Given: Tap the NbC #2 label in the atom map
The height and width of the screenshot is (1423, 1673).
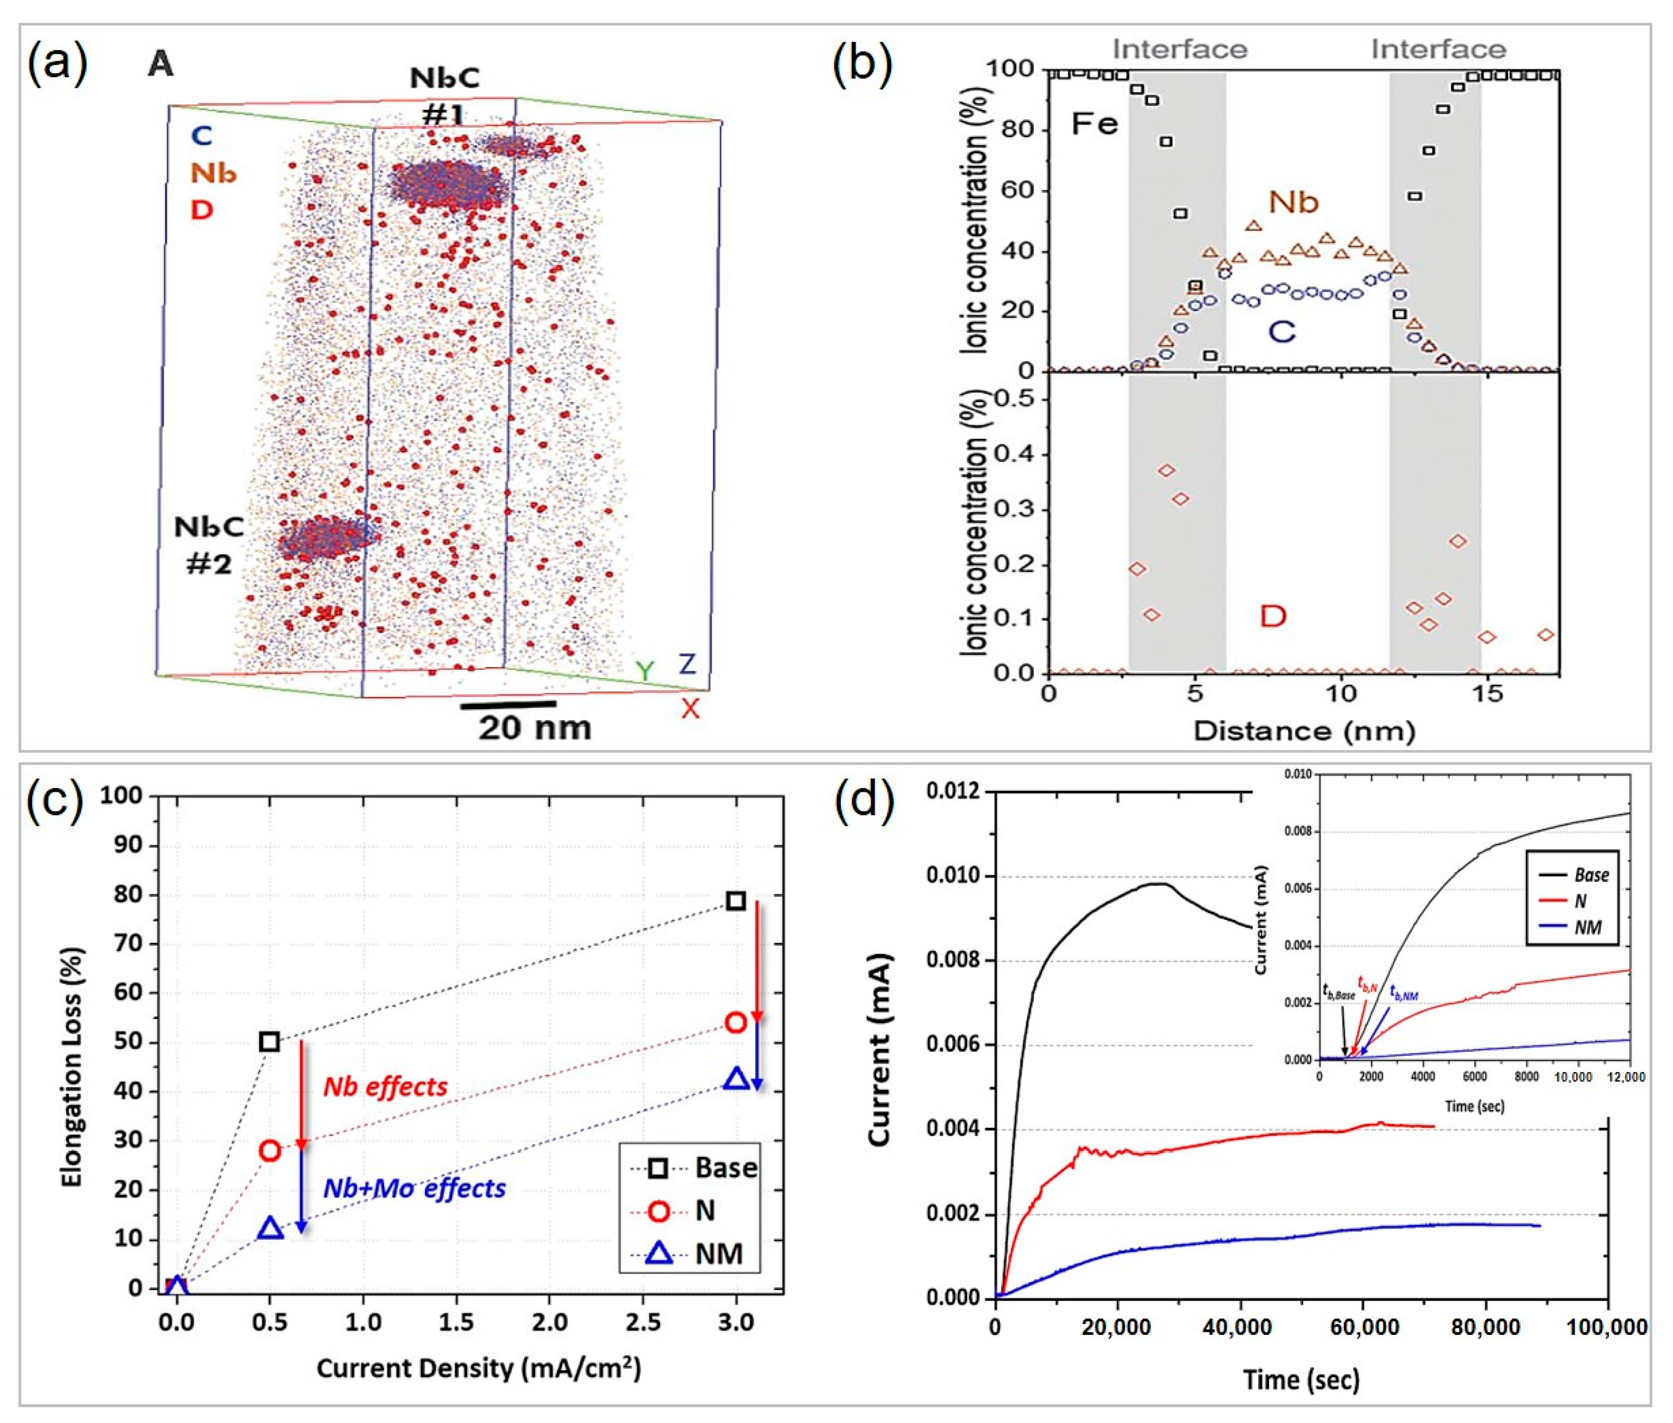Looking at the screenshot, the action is [x=209, y=544].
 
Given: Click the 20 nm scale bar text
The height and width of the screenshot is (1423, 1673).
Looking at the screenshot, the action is [x=535, y=728].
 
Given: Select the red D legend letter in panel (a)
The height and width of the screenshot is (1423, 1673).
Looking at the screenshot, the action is [x=202, y=210].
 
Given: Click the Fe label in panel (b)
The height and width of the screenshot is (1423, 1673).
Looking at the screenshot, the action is [x=1095, y=124].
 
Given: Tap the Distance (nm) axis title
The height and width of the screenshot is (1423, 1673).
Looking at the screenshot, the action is [x=1304, y=731].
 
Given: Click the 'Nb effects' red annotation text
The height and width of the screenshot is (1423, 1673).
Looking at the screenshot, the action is [x=386, y=1087].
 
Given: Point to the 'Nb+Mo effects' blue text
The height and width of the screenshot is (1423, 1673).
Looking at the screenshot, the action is [x=414, y=1188].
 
